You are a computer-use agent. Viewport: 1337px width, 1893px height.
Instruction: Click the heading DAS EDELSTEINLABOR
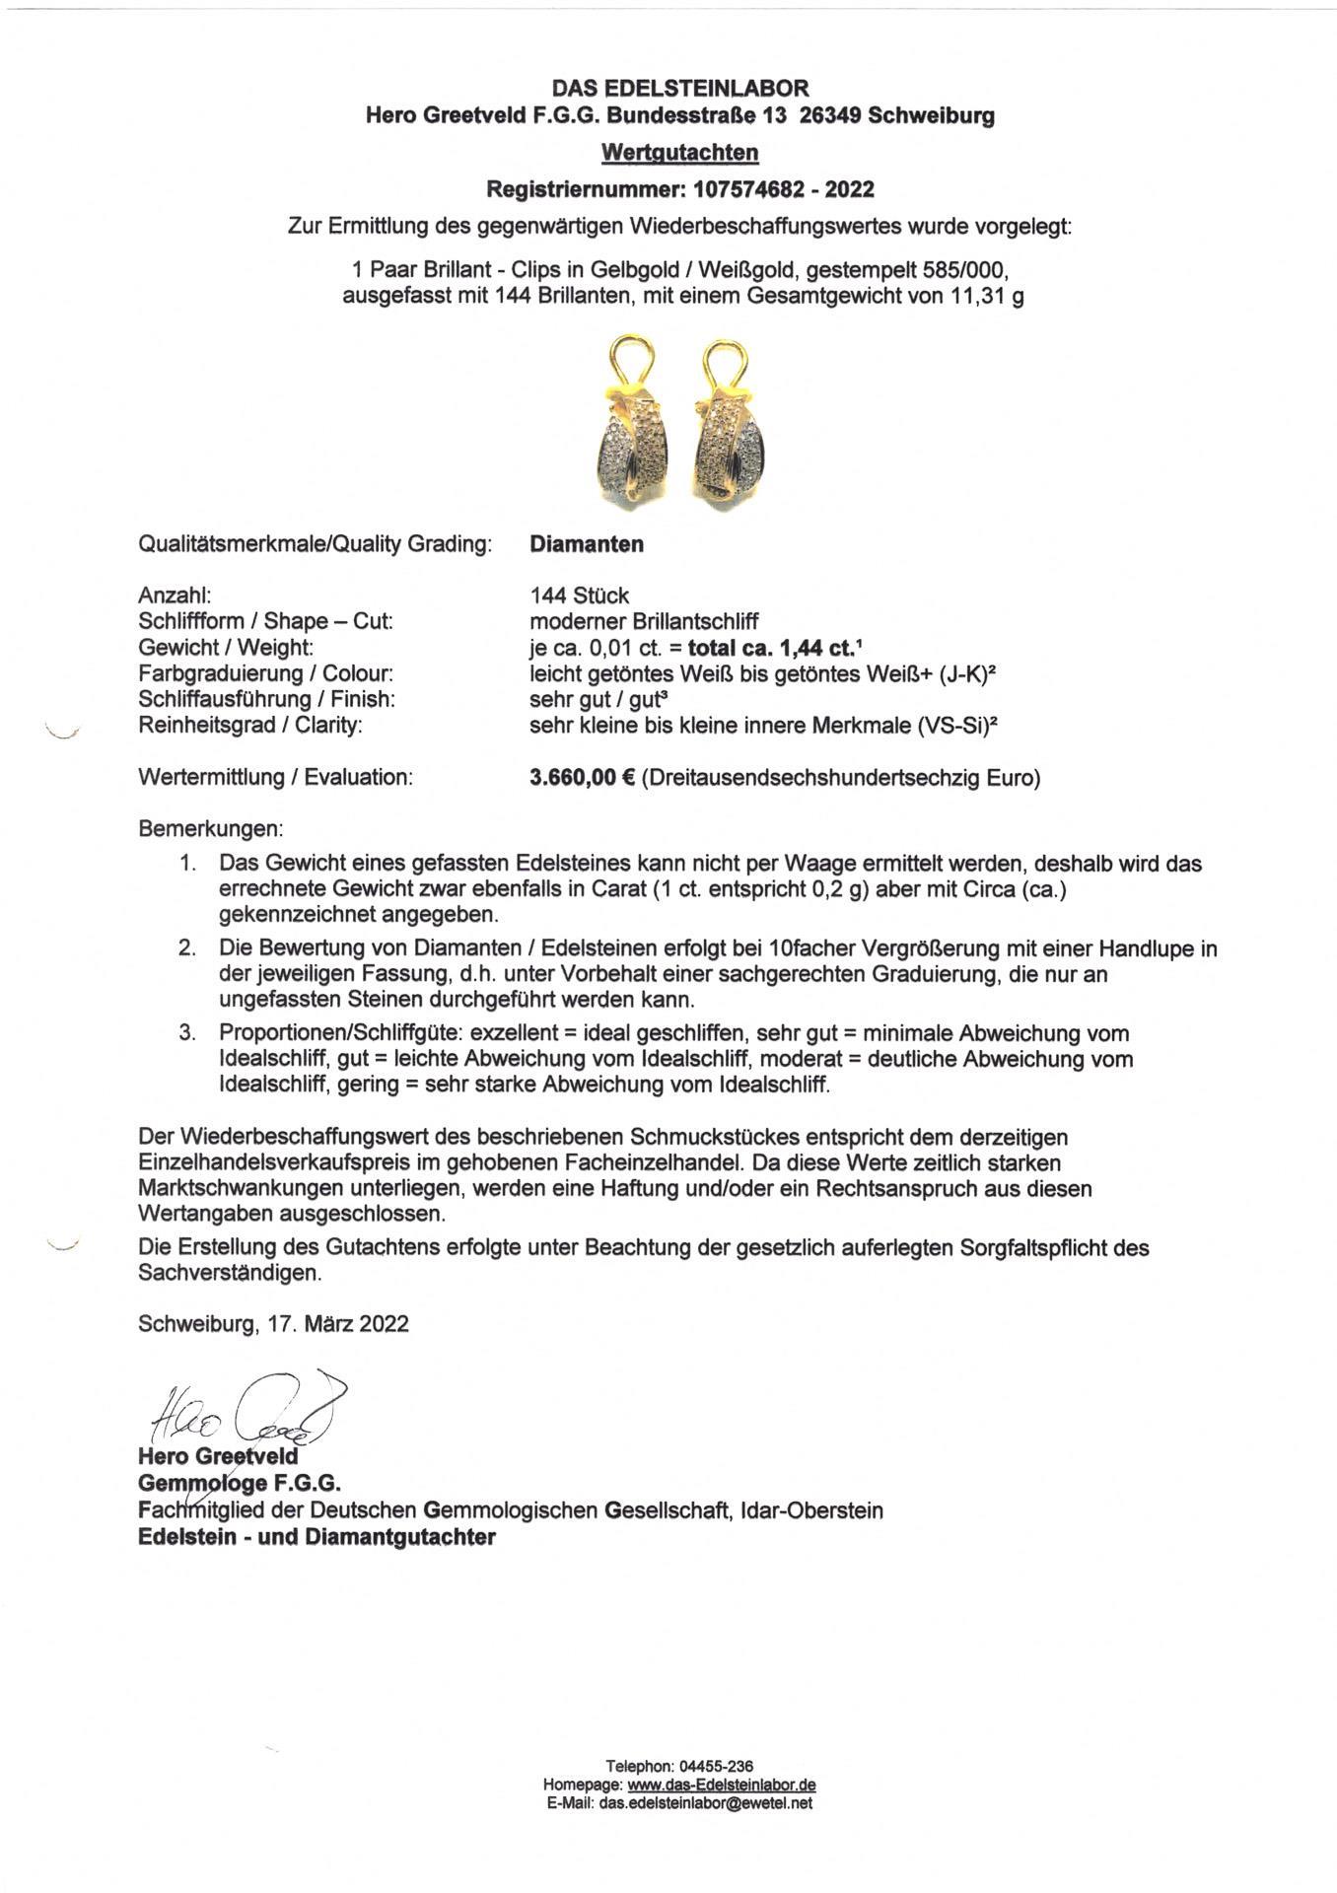[x=679, y=89]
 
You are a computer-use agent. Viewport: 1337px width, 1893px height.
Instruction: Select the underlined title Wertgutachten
[x=679, y=153]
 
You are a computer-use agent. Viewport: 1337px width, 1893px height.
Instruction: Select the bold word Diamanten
[x=587, y=544]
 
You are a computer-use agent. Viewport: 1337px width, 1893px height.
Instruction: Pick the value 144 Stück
[x=579, y=596]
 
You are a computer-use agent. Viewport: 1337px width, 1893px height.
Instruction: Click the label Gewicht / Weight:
[x=226, y=648]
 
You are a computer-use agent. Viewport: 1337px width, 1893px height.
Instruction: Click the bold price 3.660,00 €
[x=581, y=777]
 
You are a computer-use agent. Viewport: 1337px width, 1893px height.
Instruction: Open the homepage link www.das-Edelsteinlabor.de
[x=721, y=1785]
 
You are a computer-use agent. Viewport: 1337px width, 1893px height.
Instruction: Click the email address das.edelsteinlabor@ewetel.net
[x=705, y=1803]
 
